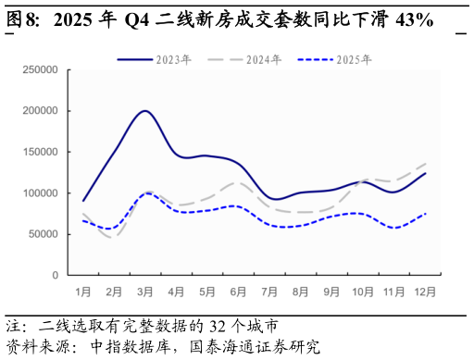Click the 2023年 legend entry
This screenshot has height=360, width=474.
pos(154,60)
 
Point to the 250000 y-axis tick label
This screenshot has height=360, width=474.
pos(40,69)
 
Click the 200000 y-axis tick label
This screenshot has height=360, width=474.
pos(40,111)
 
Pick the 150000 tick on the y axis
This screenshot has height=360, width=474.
pos(40,152)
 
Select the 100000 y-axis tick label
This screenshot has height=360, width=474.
pos(40,193)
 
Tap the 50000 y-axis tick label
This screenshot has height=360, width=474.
pos(43,234)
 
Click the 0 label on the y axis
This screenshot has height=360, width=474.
pos(55,276)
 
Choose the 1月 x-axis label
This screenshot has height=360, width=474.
pos(83,292)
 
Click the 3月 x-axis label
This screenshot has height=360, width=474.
pos(145,292)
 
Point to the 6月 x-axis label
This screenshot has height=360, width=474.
pos(239,292)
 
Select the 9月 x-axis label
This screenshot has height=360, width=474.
pos(332,292)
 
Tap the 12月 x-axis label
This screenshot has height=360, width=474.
pos(426,292)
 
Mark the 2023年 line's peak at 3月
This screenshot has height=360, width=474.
pos(145,111)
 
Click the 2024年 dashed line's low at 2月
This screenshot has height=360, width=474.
pos(114,239)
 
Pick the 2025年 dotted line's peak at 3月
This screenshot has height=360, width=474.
pos(146,193)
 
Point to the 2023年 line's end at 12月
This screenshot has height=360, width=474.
pos(426,173)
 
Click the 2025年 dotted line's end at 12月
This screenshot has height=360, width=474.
pos(426,214)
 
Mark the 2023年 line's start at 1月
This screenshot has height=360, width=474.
pos(83,201)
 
